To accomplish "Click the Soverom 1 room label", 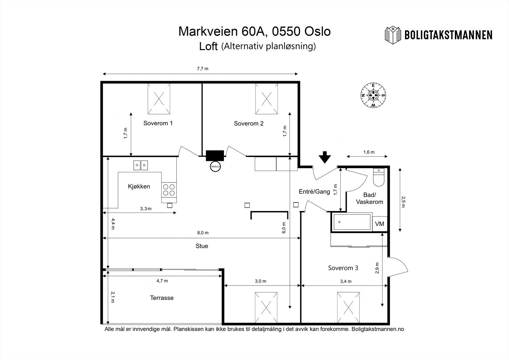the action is [158, 123].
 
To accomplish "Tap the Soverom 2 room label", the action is [248, 124].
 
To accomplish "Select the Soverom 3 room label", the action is [343, 268].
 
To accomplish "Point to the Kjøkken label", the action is [139, 187].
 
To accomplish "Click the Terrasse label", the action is [162, 298].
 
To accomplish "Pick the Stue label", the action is [202, 246].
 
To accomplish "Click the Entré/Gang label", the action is [314, 192].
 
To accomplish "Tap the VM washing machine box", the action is [380, 224].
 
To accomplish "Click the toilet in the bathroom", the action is [379, 177].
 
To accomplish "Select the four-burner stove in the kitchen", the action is [169, 190].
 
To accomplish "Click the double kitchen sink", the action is [140, 165].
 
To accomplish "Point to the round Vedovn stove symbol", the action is [215, 166].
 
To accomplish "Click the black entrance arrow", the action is [325, 157].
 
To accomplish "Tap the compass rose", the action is [373, 95].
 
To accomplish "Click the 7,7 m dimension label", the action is [202, 69].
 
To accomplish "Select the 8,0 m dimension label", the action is [203, 233].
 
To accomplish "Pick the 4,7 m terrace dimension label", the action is [162, 281].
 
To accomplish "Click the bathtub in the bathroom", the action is [352, 222].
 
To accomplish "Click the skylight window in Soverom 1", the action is [159, 99].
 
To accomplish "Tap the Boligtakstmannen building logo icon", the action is [393, 35].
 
